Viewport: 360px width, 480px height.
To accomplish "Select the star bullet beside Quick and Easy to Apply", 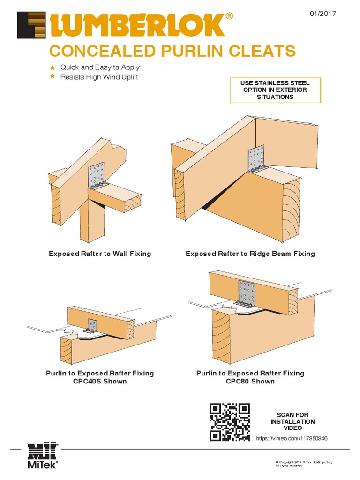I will tap(52, 67).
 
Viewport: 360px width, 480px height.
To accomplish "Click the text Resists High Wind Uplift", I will tap(99, 77).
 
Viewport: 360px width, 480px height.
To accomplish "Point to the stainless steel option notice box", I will tap(275, 90).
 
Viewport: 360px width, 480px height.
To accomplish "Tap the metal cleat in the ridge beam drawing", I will tap(256, 159).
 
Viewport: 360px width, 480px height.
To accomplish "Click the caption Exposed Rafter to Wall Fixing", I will tap(100, 254).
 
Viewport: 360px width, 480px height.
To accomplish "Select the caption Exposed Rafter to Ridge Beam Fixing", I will tap(250, 254).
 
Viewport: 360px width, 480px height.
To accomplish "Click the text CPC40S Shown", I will tap(100, 381).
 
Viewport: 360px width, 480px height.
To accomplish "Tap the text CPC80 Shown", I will tap(250, 381).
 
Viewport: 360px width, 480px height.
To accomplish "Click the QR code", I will tap(230, 422).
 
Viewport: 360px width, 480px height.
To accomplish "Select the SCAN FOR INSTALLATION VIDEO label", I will tap(292, 421).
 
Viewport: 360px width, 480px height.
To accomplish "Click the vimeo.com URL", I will tap(292, 438).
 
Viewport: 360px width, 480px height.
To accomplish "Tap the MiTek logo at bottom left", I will tap(43, 455).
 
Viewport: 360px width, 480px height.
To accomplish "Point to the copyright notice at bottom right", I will tap(303, 464).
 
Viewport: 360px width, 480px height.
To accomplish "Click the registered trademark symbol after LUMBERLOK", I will tap(229, 16).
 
